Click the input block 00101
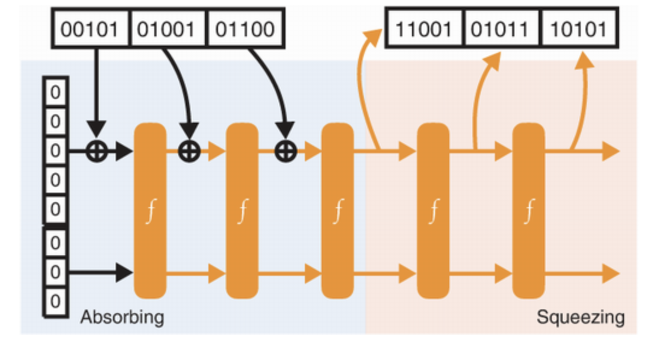point(91,28)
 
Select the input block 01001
point(168,28)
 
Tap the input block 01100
point(245,28)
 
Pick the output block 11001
point(424,28)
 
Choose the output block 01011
point(502,28)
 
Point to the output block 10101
point(579,28)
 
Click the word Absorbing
point(122,317)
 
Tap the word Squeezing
point(580,317)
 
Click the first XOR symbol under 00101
point(96,151)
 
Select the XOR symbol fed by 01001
point(189,151)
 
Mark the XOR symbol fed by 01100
point(286,151)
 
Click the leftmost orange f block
point(150,211)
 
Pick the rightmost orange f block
point(528,211)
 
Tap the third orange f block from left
point(337,211)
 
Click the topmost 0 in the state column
point(55,93)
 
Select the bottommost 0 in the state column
point(55,300)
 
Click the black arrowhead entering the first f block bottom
point(125,273)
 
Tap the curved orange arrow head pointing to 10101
point(584,60)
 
